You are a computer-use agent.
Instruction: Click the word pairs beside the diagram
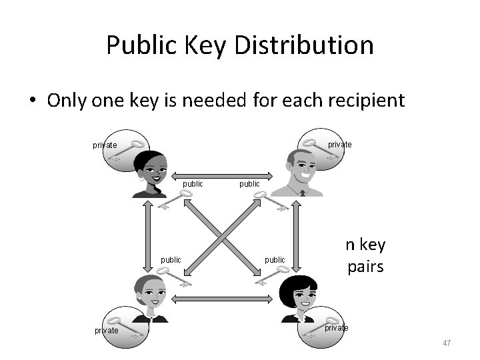(x=365, y=267)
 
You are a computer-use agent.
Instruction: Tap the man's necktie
(x=302, y=193)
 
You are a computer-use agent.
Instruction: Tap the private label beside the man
(x=340, y=145)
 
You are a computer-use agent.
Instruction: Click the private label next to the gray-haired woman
(x=107, y=330)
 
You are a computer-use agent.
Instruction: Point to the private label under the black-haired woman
(x=336, y=327)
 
